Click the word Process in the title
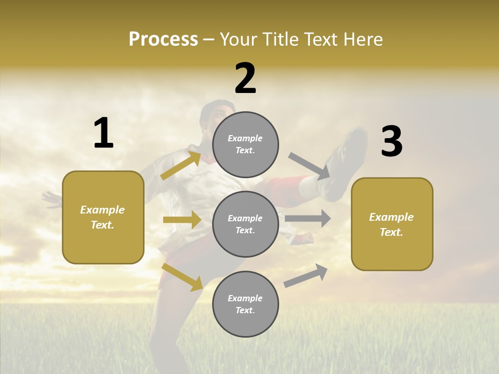163,39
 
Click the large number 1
103,133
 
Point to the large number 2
245,78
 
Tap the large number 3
391,141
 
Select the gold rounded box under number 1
103,217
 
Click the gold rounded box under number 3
392,224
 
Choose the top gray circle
245,144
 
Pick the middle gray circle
245,224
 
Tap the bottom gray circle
245,304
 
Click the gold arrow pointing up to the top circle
181,165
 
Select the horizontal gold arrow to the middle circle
182,220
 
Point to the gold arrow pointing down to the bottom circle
182,277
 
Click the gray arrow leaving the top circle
310,166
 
